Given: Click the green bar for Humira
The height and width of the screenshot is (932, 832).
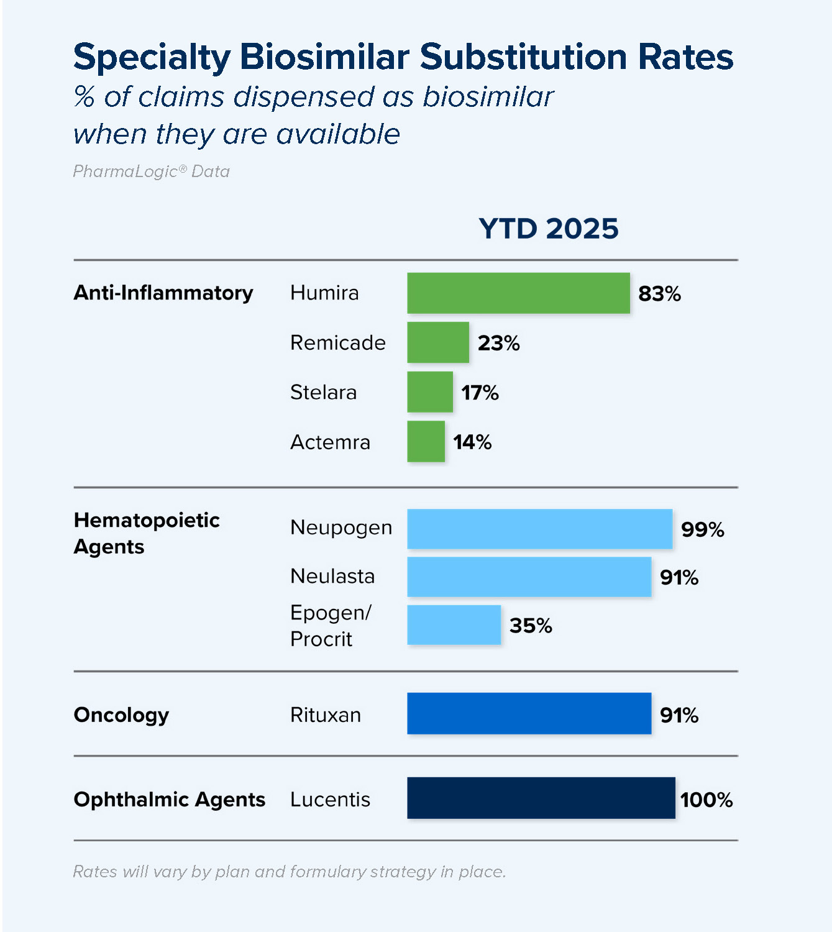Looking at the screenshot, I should (x=518, y=293).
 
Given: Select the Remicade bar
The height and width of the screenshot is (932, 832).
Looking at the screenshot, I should (x=438, y=342).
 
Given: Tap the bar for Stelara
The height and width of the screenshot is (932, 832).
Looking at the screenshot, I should (x=430, y=392).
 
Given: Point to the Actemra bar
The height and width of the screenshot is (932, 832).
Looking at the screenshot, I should (x=426, y=442).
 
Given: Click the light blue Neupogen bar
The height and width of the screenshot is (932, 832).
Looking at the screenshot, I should (x=539, y=529).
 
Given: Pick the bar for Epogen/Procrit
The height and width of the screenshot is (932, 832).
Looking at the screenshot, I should (x=454, y=625).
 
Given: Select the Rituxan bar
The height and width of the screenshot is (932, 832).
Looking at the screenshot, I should (x=529, y=714).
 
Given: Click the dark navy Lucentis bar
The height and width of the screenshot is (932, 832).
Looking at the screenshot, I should (x=541, y=798).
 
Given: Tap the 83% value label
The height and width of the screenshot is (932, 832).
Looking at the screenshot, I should (x=659, y=293).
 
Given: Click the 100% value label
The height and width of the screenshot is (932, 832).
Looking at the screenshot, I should (x=706, y=800).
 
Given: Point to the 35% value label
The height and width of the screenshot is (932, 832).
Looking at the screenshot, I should (x=531, y=626).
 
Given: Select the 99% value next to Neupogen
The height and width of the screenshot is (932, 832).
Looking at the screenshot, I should (x=702, y=529).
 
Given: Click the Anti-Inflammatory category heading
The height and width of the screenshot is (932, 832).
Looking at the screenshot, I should (x=163, y=293).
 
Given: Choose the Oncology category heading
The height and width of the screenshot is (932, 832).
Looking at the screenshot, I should (x=121, y=715).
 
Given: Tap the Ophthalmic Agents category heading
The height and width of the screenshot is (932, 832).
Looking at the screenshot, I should (x=169, y=800).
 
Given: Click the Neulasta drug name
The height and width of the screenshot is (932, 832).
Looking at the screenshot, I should (x=332, y=577).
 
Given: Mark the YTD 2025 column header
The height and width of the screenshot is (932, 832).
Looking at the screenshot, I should (x=549, y=229).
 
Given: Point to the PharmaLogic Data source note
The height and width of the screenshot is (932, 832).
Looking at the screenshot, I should (x=152, y=171).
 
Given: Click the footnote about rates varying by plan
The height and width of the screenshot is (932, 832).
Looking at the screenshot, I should (x=290, y=872).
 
